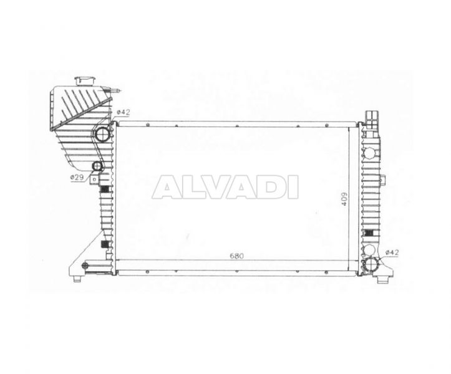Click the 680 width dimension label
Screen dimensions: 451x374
[236, 256]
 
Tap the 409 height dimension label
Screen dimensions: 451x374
[344, 199]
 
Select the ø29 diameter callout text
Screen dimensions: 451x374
[77, 178]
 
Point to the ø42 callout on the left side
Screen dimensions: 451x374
[124, 112]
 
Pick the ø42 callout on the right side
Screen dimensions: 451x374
[392, 252]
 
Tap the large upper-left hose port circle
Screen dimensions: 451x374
[102, 134]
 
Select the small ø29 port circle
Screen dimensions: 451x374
[97, 166]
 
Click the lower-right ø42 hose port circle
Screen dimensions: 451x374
[372, 264]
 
